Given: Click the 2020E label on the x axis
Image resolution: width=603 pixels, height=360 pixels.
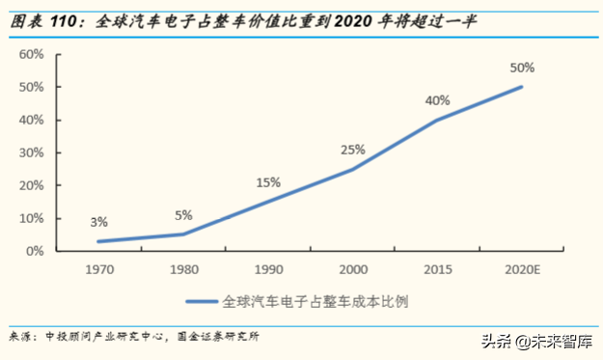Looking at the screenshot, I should click(x=522, y=268).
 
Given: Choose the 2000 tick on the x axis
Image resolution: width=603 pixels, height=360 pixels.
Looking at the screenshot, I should click(x=352, y=268).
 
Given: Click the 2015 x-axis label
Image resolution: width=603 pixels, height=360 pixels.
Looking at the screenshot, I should click(x=437, y=268).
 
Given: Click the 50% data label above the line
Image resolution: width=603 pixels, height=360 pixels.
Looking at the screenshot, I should click(x=522, y=69).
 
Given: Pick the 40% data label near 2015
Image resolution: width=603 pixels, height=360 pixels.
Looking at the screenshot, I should click(x=437, y=100).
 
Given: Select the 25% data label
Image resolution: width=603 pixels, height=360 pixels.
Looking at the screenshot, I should click(x=352, y=150).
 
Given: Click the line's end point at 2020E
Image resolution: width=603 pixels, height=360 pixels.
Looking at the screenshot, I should click(x=522, y=87).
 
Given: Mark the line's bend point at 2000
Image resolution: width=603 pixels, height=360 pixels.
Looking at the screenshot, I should click(x=352, y=169).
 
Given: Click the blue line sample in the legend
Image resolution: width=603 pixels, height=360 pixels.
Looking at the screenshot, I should click(x=206, y=300).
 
